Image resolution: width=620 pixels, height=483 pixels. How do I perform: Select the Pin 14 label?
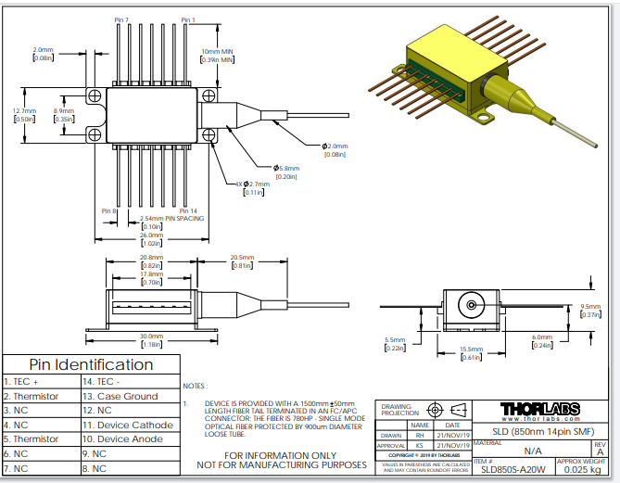(188, 211)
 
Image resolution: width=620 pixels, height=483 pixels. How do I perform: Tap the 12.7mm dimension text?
(24, 111)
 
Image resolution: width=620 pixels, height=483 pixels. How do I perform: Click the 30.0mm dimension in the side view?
(151, 337)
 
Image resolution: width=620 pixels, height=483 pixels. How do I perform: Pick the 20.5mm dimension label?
(242, 258)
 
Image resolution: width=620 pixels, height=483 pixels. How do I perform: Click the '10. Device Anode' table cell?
(124, 439)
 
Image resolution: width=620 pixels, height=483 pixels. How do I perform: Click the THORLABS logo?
(540, 409)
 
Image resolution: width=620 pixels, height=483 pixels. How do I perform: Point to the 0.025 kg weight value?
(582, 469)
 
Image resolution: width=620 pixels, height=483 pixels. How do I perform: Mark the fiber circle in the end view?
(473, 304)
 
